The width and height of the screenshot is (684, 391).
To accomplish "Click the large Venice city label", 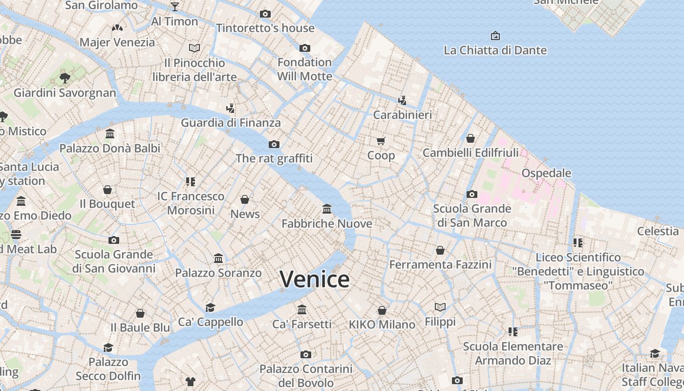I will pos(315,279).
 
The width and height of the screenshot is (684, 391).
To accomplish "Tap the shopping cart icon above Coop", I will pos(381,141).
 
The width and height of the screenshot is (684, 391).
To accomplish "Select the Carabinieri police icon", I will pos(402,101).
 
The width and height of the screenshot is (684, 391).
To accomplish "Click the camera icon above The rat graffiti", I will pos(274,144).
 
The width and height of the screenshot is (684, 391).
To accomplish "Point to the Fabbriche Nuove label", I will pos(327,224).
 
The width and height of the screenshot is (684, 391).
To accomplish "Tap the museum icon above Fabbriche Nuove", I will pos(327,209).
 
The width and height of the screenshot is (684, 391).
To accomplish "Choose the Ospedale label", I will pos(546,173).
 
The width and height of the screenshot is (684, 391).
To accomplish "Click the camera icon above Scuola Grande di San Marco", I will pos(471,194).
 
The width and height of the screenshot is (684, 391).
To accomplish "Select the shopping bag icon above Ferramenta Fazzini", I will pos(440,250).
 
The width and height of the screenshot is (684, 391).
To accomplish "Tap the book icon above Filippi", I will pos(440,307).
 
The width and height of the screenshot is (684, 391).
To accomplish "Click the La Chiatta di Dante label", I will pos(495,50).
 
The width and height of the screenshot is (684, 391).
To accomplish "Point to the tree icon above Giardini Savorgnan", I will pos(64,78).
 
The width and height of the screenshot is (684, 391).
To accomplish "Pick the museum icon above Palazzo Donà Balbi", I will pos(110,133).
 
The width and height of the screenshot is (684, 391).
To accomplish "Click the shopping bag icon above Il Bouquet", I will pos(107,189).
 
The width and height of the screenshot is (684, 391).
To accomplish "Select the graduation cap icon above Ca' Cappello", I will pos(210,307).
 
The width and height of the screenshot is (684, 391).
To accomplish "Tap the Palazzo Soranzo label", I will pos(218,273).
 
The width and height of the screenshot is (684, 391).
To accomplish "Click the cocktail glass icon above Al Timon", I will pos(174,7).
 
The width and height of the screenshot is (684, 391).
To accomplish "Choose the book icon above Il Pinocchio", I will pos(194,48).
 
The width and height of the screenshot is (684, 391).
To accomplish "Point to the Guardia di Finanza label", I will pos(231,123).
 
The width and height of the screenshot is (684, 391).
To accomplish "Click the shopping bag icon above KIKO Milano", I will pos(382,310).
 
